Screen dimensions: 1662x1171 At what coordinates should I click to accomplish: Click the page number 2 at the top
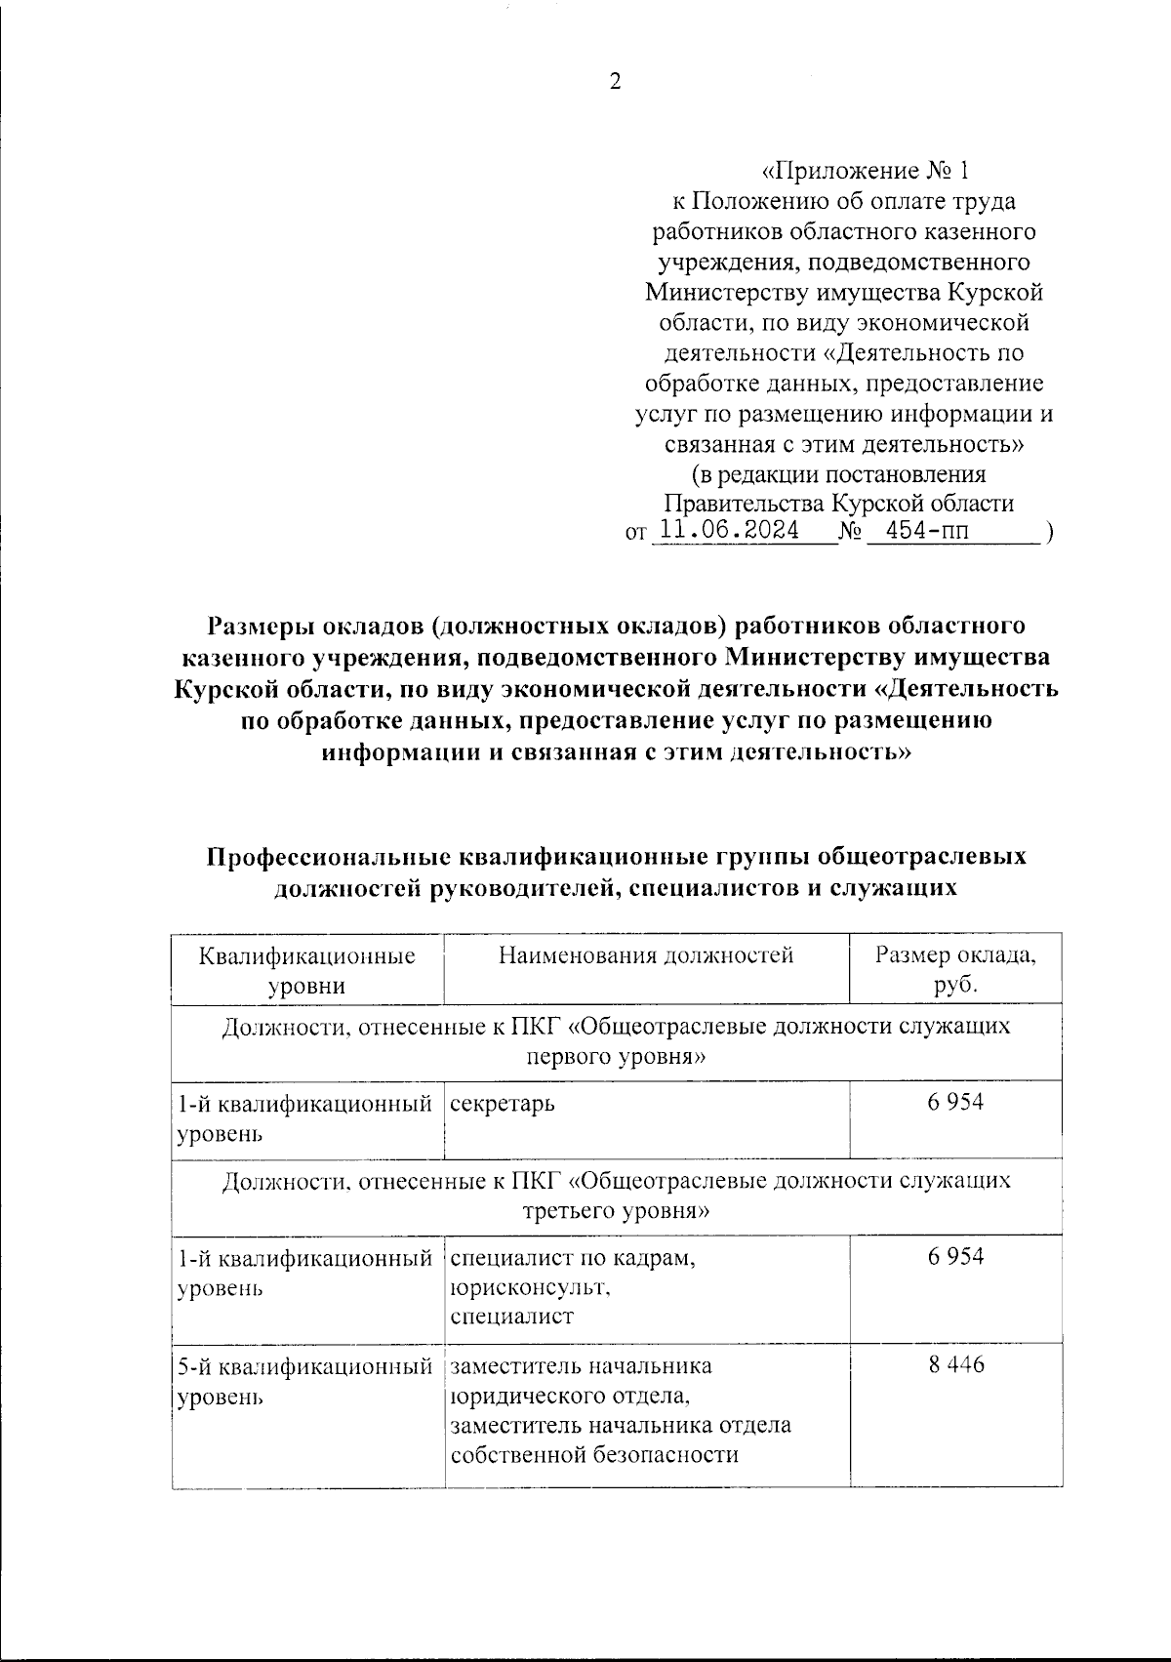[x=615, y=82]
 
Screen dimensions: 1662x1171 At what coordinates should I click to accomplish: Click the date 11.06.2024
[x=729, y=531]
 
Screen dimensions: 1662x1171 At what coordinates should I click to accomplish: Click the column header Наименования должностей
[x=646, y=954]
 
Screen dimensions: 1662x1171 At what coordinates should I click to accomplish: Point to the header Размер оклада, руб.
[x=955, y=969]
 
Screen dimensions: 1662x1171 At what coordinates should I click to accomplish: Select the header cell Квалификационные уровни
[x=306, y=969]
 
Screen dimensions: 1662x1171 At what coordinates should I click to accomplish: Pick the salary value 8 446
[x=956, y=1364]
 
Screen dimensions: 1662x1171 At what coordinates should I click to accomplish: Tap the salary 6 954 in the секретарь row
[x=956, y=1102]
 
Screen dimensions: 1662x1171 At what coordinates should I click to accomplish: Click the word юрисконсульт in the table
[x=530, y=1287]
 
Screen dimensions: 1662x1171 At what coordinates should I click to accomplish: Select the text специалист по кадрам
[x=573, y=1257]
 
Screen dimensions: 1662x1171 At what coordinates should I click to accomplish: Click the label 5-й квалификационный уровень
[x=305, y=1380]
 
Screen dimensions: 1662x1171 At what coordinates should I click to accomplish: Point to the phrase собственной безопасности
[x=592, y=1454]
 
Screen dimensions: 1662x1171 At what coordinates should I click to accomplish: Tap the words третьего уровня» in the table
[x=616, y=1211]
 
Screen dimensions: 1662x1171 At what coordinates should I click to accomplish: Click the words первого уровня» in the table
[x=616, y=1057]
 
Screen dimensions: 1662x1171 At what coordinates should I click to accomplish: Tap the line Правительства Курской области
[x=838, y=504]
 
